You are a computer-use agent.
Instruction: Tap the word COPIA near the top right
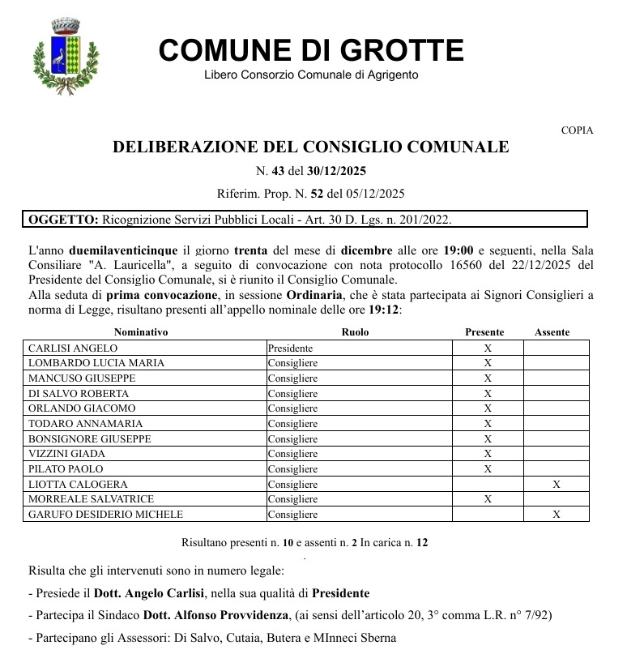pos(577,130)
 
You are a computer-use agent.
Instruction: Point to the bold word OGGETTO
pos(63,220)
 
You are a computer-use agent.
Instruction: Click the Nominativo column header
pos(141,332)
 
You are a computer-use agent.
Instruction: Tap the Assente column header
pos(552,332)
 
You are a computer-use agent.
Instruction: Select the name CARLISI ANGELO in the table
pos(73,348)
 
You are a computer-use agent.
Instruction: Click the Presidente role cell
pos(290,348)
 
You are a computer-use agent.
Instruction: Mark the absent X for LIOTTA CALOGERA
pos(556,485)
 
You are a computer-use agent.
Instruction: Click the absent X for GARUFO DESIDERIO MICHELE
pos(556,515)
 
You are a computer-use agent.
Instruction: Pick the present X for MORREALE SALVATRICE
pos(488,499)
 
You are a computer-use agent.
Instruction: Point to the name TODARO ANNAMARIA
pos(74,424)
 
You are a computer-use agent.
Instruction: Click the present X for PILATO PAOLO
pos(488,469)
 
